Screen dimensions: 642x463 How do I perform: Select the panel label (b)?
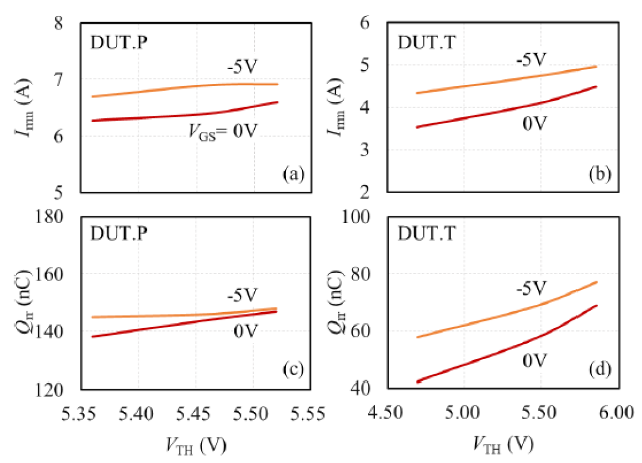pyautogui.click(x=600, y=174)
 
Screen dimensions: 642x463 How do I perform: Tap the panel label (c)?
pyautogui.click(x=294, y=369)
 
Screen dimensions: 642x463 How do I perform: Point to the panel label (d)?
pyautogui.click(x=600, y=369)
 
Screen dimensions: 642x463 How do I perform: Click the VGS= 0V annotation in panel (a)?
pyautogui.click(x=223, y=132)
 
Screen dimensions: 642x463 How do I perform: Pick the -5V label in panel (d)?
pyautogui.click(x=531, y=288)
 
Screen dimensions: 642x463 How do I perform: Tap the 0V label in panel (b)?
pyautogui.click(x=535, y=123)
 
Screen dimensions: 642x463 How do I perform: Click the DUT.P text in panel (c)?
pyautogui.click(x=119, y=234)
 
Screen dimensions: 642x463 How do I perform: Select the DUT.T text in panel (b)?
pyautogui.click(x=427, y=43)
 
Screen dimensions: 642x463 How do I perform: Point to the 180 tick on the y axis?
pyautogui.click(x=49, y=216)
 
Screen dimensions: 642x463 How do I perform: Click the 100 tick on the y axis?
pyautogui.click(x=356, y=216)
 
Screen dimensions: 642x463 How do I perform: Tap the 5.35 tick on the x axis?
pyautogui.click(x=78, y=414)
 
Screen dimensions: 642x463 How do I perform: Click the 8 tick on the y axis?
pyautogui.click(x=58, y=23)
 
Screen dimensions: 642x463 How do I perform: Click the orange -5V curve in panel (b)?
pyautogui.click(x=506, y=80)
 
